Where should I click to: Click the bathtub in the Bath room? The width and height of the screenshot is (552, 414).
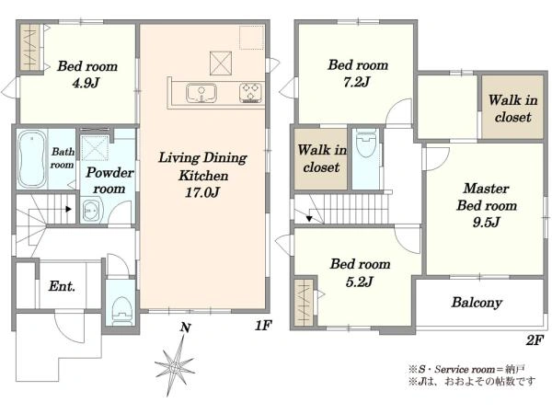pyautogui.click(x=32, y=159)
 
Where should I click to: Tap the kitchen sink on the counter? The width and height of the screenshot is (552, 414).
pyautogui.click(x=201, y=93)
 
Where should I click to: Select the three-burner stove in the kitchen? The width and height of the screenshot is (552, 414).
pyautogui.click(x=251, y=93)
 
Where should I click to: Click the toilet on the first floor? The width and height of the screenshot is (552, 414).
pyautogui.click(x=121, y=311)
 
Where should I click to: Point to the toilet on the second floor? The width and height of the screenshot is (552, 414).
pyautogui.click(x=366, y=143)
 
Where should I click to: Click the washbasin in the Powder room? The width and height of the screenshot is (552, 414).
pyautogui.click(x=91, y=211)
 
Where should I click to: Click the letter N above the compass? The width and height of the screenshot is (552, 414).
pyautogui.click(x=186, y=328)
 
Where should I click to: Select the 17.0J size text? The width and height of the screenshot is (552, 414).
pyautogui.click(x=202, y=192)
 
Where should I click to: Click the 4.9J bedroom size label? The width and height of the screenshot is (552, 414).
pyautogui.click(x=86, y=83)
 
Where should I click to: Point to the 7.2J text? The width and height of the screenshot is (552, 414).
pyautogui.click(x=357, y=82)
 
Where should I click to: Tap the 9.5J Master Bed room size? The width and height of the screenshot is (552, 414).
pyautogui.click(x=486, y=222)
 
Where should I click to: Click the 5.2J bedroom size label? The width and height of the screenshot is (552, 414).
pyautogui.click(x=359, y=282)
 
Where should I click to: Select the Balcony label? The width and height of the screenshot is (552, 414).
pyautogui.click(x=477, y=303)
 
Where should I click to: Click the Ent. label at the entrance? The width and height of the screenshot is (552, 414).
pyautogui.click(x=62, y=286)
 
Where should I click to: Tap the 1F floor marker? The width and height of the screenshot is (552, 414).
pyautogui.click(x=262, y=326)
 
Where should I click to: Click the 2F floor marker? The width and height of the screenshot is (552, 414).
pyautogui.click(x=535, y=340)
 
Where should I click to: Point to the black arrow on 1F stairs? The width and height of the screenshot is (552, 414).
pyautogui.click(x=68, y=209)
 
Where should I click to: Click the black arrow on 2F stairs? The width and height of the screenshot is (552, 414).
pyautogui.click(x=309, y=218)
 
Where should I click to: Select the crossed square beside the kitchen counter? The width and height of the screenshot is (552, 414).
pyautogui.click(x=221, y=63)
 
